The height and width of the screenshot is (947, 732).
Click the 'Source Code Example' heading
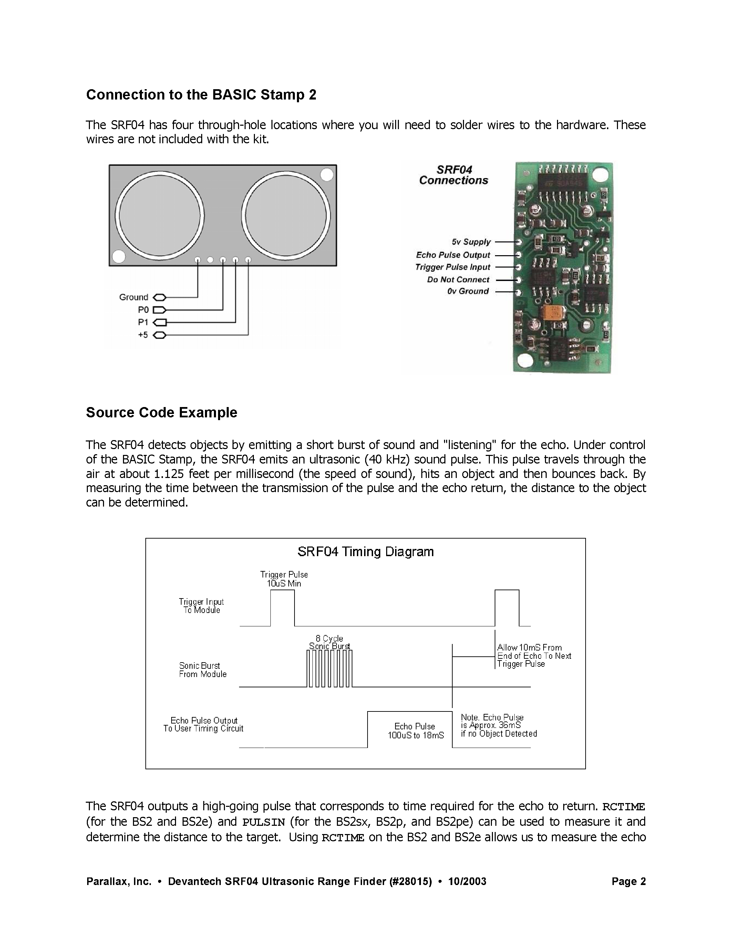click(x=161, y=412)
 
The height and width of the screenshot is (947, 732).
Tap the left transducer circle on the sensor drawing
click(x=159, y=216)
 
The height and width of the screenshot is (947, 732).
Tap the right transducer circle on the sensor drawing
click(x=286, y=216)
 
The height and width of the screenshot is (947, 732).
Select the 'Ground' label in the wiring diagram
click(x=134, y=297)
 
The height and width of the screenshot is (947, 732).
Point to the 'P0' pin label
click(x=143, y=310)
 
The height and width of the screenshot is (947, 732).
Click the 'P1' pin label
click(x=143, y=322)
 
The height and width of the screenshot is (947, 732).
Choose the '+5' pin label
click(x=143, y=335)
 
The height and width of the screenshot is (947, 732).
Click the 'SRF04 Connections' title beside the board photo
click(x=454, y=175)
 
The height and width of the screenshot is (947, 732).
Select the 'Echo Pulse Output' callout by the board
click(x=453, y=255)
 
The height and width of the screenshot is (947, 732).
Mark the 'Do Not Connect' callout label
click(x=458, y=280)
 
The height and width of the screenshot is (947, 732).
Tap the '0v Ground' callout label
click(x=468, y=291)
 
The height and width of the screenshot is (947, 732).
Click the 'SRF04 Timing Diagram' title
click(x=365, y=552)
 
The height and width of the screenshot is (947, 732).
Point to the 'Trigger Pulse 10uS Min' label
click(x=284, y=579)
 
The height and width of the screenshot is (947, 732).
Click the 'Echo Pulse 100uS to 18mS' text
click(x=415, y=731)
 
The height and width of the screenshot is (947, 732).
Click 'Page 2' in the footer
click(x=628, y=882)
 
